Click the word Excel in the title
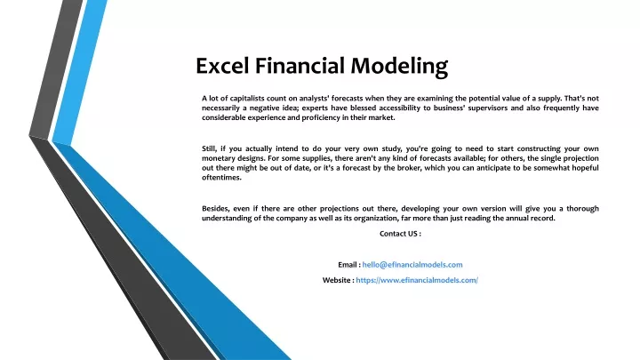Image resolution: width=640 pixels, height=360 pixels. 222,66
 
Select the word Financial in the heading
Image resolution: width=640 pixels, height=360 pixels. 300,66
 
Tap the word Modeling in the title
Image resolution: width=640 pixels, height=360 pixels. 400,67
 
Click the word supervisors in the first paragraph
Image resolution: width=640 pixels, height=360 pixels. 488,108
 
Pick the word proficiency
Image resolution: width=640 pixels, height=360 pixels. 319,118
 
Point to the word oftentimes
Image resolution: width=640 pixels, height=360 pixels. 221,178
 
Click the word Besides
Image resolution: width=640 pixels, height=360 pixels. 215,209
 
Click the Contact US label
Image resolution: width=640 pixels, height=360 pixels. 400,234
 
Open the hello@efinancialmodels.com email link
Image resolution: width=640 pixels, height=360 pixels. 412,265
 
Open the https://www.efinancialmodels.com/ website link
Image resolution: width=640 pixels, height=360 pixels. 417,280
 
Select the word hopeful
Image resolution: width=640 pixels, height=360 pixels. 585,168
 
